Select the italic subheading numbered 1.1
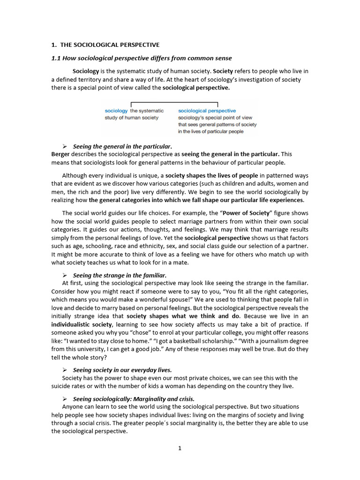141,58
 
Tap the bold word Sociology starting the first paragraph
86,71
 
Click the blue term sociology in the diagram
116,111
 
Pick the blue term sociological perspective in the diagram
207,111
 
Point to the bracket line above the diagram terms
174,103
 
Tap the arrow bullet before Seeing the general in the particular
65,146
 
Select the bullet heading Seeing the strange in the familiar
120,275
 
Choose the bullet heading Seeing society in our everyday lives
122,370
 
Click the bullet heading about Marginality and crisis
134,399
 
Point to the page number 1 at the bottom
180,448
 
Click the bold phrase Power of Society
247,213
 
